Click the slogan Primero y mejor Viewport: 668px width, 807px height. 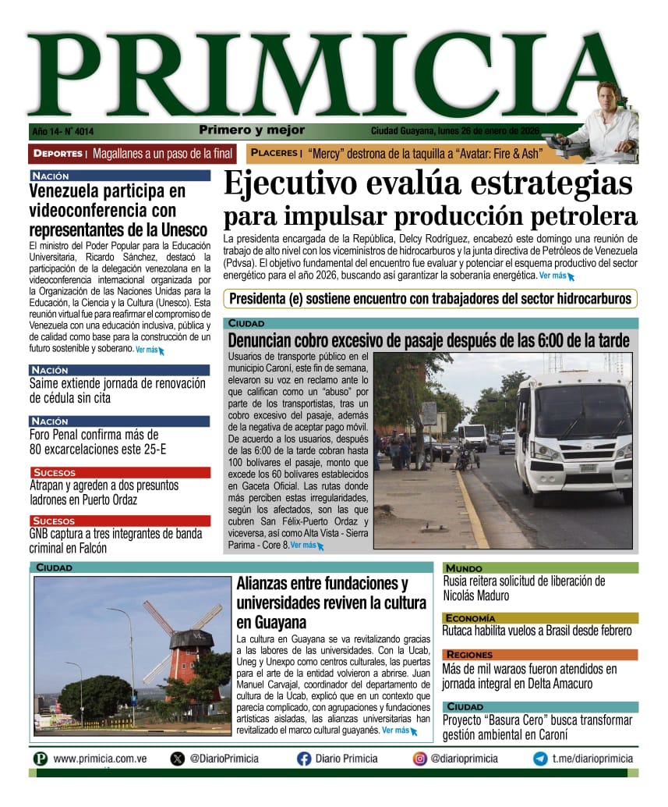[252, 130]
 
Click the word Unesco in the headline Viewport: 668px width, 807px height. [181, 230]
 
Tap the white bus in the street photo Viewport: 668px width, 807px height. [574, 436]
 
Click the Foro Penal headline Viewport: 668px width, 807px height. [94, 442]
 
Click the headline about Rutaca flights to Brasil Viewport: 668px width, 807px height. [537, 631]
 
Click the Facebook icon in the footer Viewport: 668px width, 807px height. [304, 759]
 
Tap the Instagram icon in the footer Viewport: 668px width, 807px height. [419, 759]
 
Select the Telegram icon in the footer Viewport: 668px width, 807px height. [540, 759]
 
